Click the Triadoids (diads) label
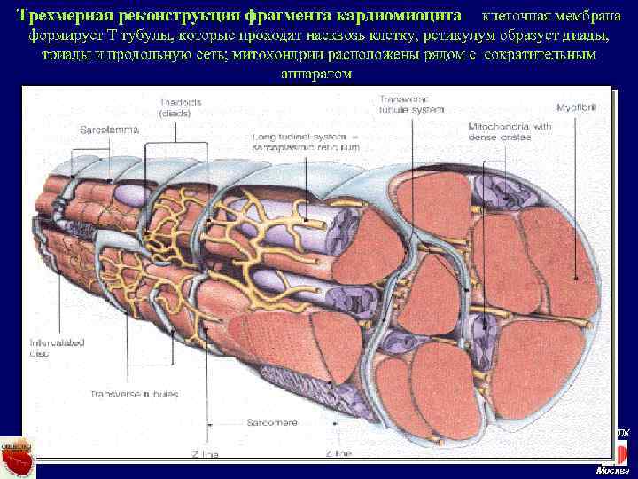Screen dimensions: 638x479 180,107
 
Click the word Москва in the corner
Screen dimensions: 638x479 612,470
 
